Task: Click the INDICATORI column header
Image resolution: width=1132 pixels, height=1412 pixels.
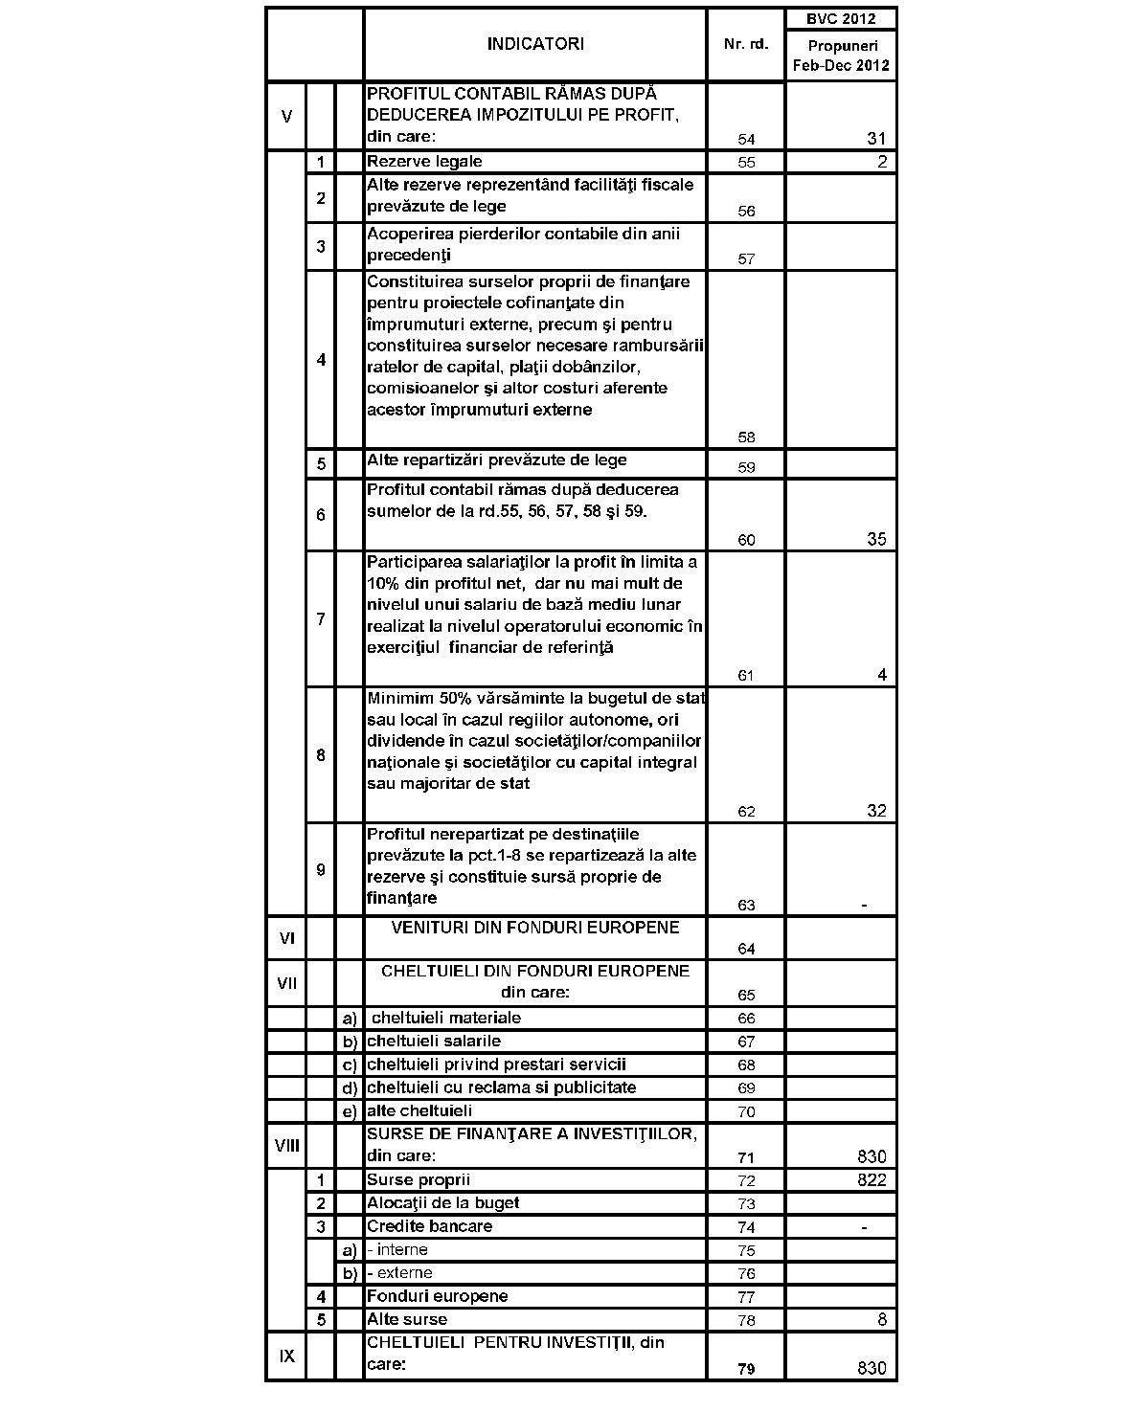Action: point(534,44)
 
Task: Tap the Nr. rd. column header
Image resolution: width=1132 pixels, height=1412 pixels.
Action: point(746,45)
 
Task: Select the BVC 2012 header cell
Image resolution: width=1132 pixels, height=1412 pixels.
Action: point(840,18)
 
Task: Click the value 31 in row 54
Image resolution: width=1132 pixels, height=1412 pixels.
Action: point(876,139)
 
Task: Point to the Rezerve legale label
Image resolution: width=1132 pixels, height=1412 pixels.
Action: point(424,162)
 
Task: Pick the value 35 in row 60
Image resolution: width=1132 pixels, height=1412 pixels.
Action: point(876,539)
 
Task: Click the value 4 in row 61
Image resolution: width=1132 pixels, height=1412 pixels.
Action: point(881,675)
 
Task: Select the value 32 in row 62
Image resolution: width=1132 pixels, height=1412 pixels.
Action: point(876,811)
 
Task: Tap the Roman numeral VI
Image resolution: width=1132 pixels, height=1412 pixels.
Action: point(286,938)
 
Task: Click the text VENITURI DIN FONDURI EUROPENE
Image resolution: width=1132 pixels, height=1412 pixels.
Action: point(535,928)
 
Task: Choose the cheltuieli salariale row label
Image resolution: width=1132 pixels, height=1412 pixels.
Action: point(433,1042)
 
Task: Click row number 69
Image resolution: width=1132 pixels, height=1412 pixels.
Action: point(746,1088)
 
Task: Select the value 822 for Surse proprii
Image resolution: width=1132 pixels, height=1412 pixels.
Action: point(872,1180)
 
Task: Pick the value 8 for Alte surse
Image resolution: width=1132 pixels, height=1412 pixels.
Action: point(881,1320)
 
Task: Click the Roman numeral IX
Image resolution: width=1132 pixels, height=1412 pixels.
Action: point(286,1356)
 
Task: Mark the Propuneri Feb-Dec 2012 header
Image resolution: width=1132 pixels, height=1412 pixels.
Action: point(840,56)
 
